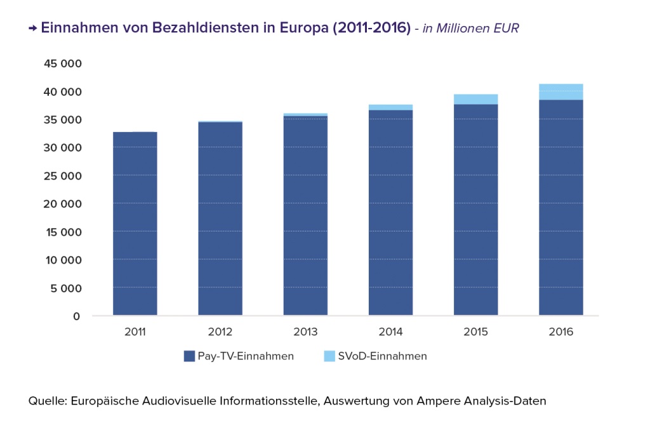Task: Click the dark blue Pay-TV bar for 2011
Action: pos(135,223)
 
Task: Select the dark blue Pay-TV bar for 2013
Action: pos(305,216)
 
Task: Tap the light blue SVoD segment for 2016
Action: pos(561,92)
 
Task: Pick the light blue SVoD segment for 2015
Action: pos(476,99)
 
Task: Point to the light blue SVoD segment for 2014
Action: pos(391,107)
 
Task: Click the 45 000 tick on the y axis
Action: pos(63,64)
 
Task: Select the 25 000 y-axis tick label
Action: pos(63,176)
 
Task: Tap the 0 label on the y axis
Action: pos(77,316)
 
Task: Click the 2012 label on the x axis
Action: pos(220,332)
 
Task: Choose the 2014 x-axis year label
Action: pos(390,332)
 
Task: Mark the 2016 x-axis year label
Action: pos(561,332)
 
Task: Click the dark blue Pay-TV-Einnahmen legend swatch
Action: pos(189,356)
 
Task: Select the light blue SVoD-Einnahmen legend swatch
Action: pos(329,356)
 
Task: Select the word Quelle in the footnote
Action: pos(48,401)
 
